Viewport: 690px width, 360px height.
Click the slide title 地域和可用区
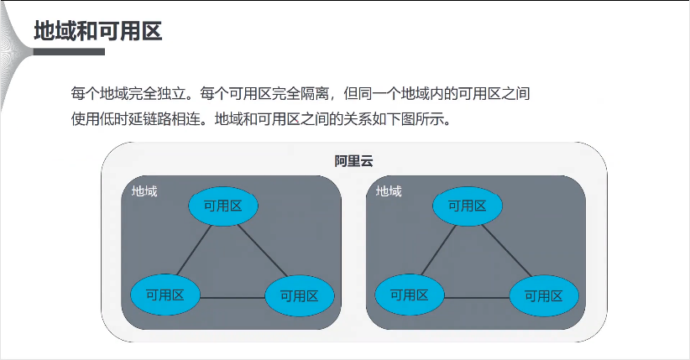(x=97, y=31)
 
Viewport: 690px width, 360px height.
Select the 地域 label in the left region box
(x=144, y=191)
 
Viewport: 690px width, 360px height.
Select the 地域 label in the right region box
(x=389, y=191)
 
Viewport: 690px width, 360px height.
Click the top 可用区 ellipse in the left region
(x=222, y=206)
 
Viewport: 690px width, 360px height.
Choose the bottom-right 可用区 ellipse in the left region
(x=299, y=295)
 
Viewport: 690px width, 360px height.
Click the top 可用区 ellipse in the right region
(x=467, y=206)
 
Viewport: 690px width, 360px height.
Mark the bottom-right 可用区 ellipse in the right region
(x=543, y=295)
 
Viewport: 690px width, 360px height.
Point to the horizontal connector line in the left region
(x=232, y=297)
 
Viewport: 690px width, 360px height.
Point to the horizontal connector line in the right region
(x=476, y=297)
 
